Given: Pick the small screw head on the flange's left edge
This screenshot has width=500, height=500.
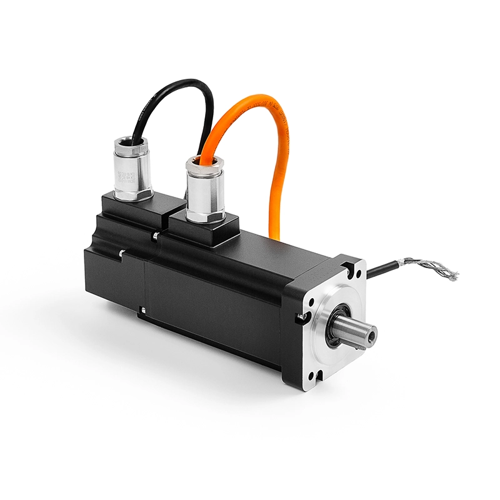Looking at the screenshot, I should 302,317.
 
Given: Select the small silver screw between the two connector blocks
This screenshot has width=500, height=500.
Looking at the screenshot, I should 154,236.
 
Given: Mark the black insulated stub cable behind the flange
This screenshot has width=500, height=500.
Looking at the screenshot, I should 381,270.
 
